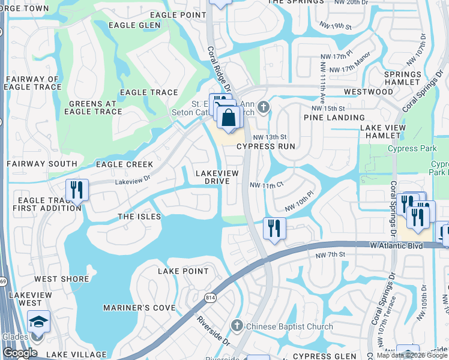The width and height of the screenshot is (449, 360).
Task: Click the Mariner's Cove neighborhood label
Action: coord(139,308)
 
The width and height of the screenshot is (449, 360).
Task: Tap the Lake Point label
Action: coord(182,271)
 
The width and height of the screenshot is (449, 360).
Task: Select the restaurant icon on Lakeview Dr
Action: coord(77,190)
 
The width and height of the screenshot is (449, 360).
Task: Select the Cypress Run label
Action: coord(266,146)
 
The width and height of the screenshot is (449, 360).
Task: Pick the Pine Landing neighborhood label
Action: coord(334,118)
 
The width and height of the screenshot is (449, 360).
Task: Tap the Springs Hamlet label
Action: coord(402,77)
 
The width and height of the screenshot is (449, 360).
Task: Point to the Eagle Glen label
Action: coord(135,25)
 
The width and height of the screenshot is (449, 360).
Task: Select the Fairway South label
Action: coord(42,163)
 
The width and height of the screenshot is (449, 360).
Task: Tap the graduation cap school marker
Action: coord(39,322)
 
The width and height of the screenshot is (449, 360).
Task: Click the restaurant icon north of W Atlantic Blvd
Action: coord(274,228)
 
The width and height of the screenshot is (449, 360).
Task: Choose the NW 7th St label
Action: coord(330,255)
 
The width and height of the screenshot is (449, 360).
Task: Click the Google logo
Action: coord(20,353)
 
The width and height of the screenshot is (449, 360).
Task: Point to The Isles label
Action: coord(139,216)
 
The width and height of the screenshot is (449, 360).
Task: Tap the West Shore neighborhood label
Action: coord(54,278)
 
